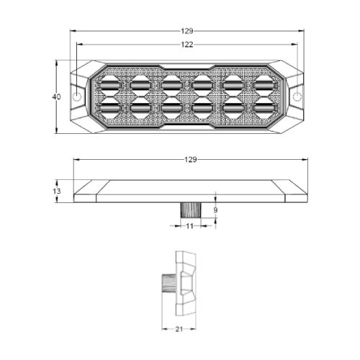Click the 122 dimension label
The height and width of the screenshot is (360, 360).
pos(187,45)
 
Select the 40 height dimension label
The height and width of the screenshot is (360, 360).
pos(57,97)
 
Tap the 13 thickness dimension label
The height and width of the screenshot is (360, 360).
pos(57,192)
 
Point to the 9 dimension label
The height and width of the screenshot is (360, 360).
pos(215,210)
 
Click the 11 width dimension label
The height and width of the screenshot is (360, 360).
pos(189,226)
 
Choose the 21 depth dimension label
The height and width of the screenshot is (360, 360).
pos(179,329)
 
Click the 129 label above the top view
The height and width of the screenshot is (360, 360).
pos(187,31)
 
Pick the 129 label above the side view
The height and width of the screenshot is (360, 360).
pos(191,159)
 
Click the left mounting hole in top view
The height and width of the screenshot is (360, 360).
pos(77,96)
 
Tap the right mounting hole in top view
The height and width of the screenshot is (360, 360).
pos(297,96)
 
